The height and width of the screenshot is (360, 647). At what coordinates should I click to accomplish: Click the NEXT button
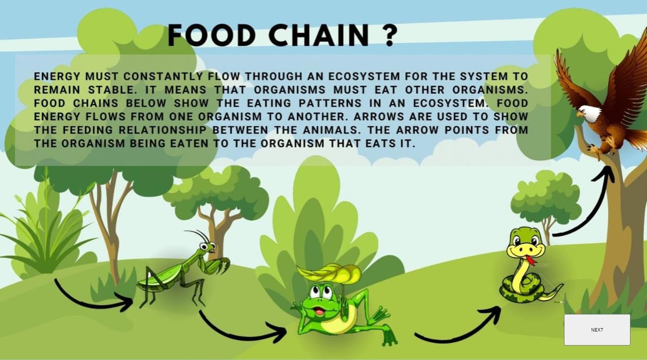coord(597,330)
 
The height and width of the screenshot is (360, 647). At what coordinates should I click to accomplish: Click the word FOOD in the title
coord(212,35)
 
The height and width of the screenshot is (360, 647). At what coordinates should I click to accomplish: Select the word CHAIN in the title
coord(319,35)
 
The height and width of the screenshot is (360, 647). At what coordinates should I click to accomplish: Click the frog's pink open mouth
coord(319,312)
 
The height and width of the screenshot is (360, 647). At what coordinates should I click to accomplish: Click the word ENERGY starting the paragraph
coord(57,76)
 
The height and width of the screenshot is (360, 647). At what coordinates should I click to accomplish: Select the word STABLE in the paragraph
coord(112,90)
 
